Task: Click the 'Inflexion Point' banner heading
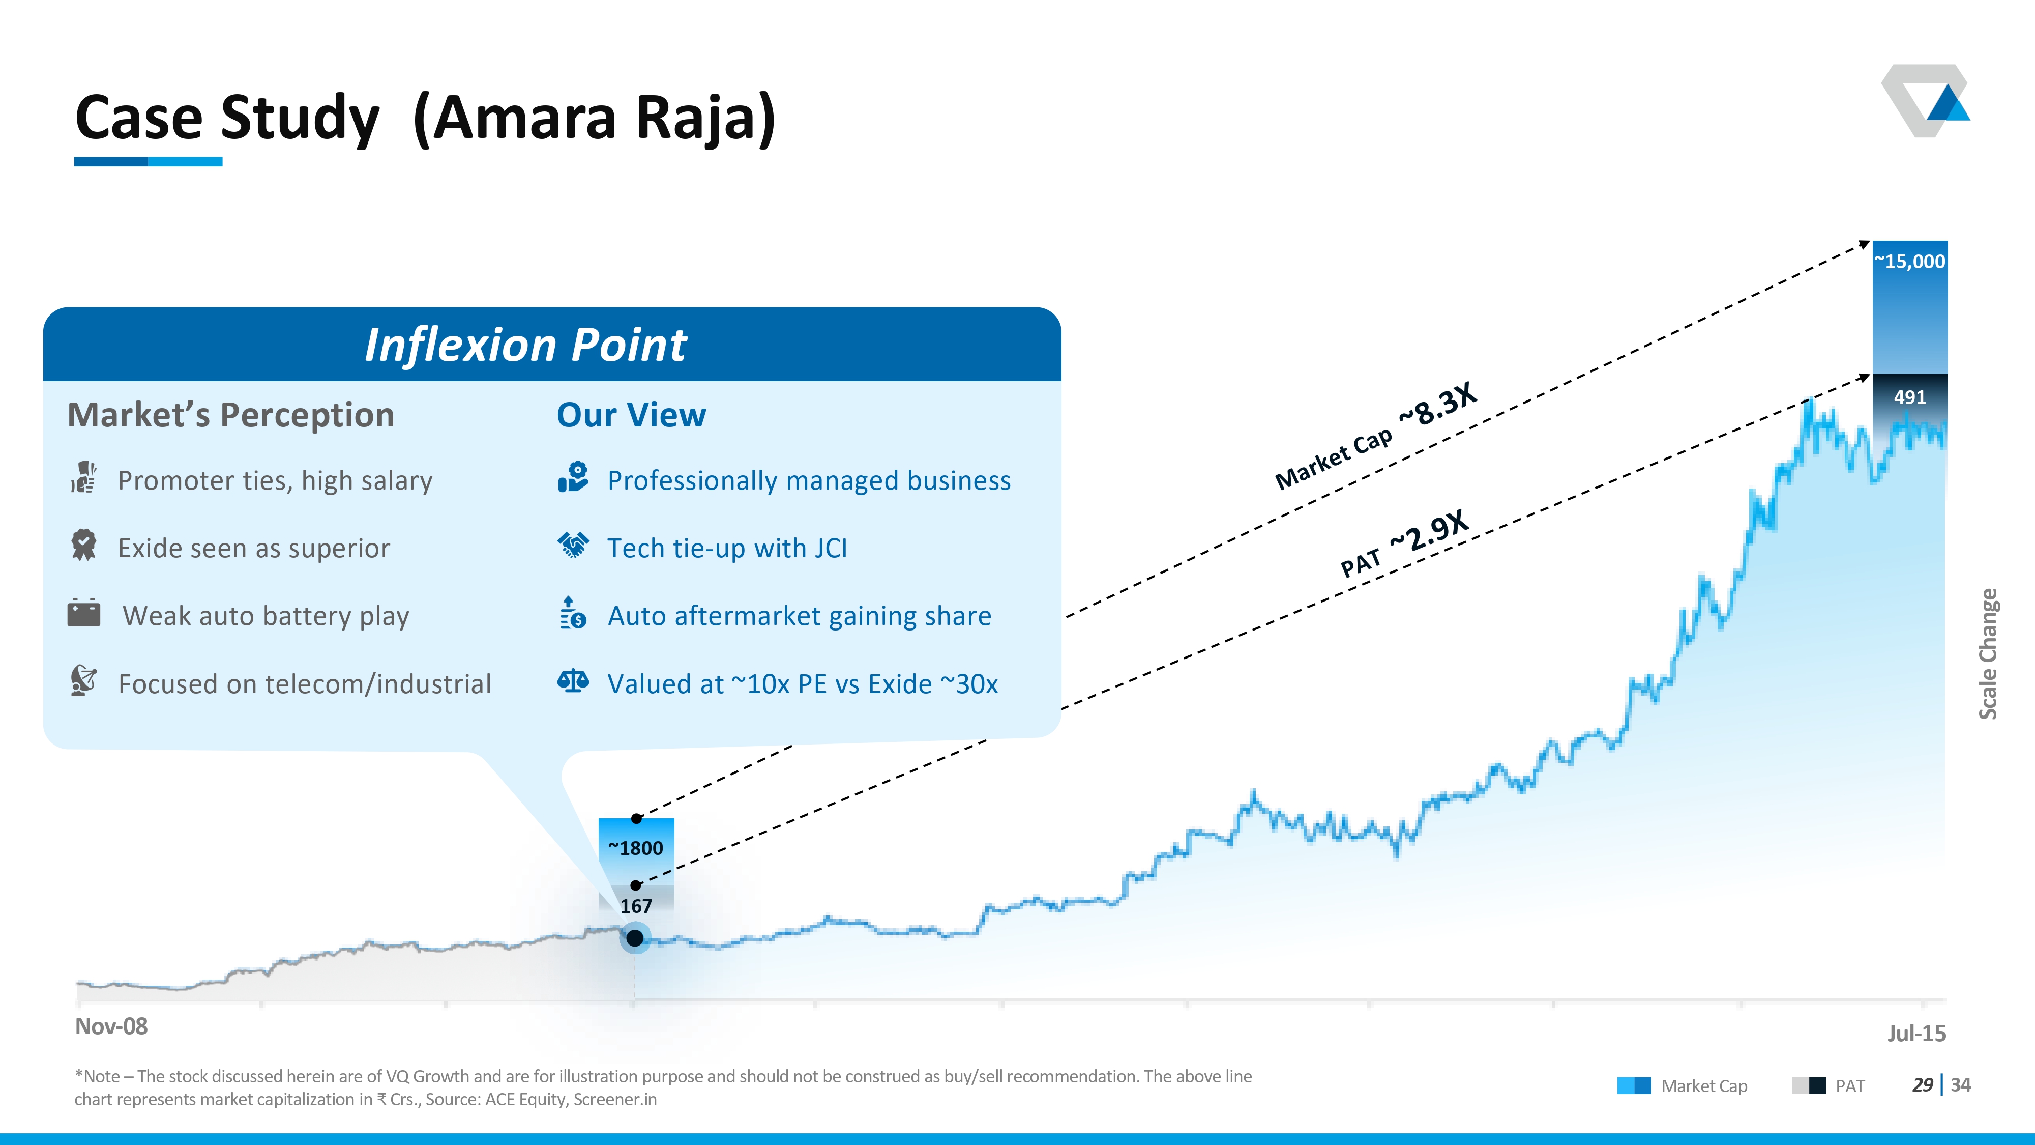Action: click(525, 346)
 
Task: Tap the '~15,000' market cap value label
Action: click(1909, 262)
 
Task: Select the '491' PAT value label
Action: click(1909, 397)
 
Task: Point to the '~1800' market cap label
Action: click(635, 848)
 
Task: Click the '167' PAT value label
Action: click(636, 906)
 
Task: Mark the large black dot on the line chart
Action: click(634, 938)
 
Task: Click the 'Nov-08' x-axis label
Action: click(111, 1026)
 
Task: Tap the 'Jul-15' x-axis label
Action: click(1916, 1034)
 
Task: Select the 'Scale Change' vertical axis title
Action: click(1988, 653)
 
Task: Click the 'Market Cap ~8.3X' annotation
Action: click(1375, 436)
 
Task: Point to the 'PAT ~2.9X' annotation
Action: click(1404, 543)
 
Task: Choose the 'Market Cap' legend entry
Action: click(1682, 1086)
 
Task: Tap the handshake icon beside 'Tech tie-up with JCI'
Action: click(573, 545)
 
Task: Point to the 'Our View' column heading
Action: click(631, 415)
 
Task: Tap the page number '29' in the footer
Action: click(1922, 1085)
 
